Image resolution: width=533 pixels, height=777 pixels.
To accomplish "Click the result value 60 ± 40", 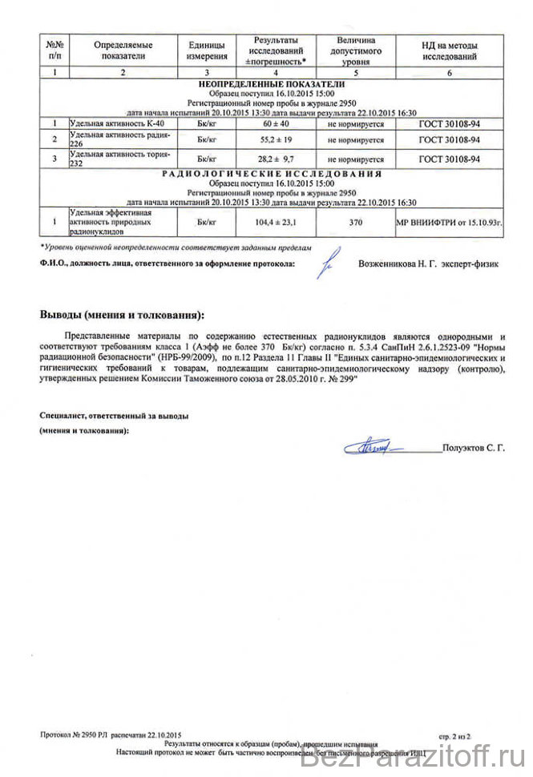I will tap(275, 124).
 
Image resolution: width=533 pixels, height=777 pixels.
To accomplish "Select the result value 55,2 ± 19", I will tap(275, 139).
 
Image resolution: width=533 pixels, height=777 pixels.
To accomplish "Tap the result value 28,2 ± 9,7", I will tap(275, 159).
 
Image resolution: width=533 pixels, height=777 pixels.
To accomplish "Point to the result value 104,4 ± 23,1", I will tap(275, 220).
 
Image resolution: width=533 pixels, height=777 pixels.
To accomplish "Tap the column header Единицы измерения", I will tap(206, 50).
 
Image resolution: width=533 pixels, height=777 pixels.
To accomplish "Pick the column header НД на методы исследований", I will tap(449, 50).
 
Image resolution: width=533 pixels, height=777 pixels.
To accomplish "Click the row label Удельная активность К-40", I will tap(108, 124).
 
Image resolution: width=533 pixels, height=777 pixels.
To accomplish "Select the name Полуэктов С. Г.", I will tap(474, 449).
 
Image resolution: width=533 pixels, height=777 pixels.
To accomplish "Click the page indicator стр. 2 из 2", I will tap(455, 735).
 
